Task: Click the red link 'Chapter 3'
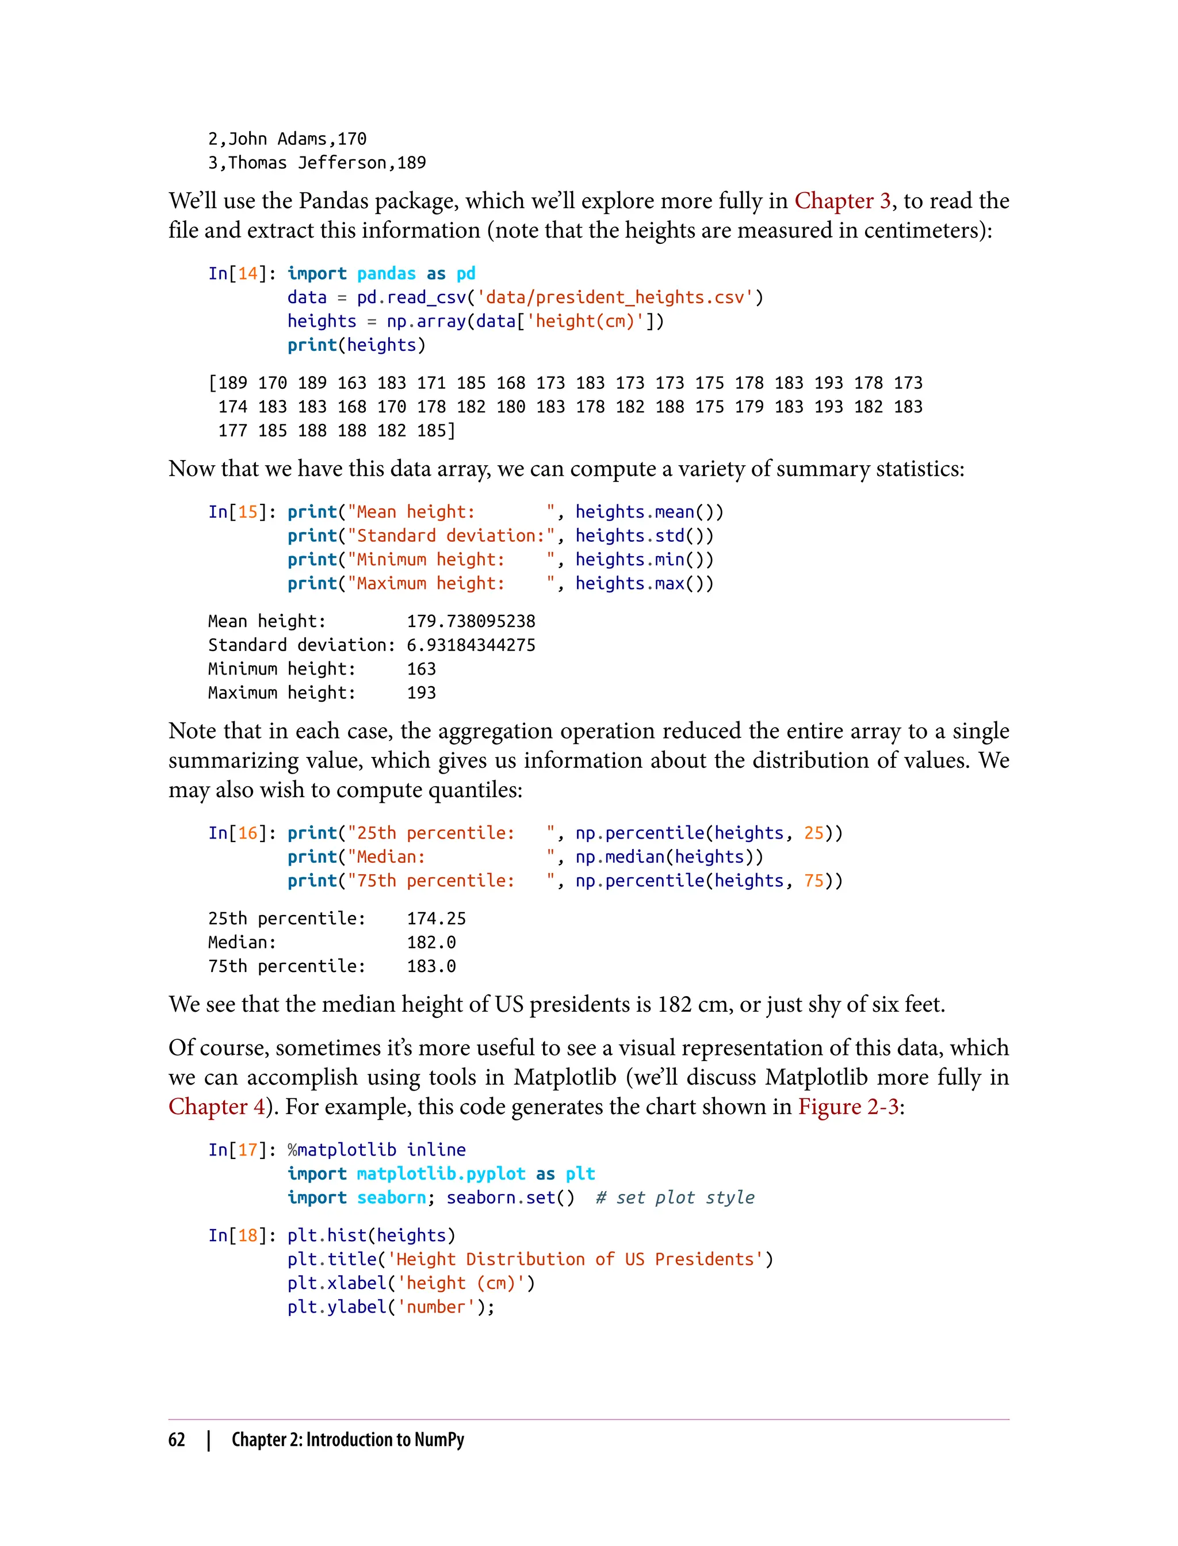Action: coord(842,201)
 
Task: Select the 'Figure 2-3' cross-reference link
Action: coord(848,1107)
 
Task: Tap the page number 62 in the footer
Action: coord(177,1440)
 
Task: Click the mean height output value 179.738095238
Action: coord(471,621)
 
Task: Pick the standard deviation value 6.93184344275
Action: coord(471,645)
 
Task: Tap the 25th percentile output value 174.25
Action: coord(436,919)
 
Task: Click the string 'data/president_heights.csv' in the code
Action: coord(614,297)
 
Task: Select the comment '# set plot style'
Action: coord(675,1197)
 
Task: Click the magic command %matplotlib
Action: coord(342,1150)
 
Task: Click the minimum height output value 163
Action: coord(422,669)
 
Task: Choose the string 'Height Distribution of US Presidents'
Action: coord(575,1259)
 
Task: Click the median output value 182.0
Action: coord(431,942)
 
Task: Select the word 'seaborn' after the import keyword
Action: coord(391,1197)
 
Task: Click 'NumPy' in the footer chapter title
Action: coord(439,1440)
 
